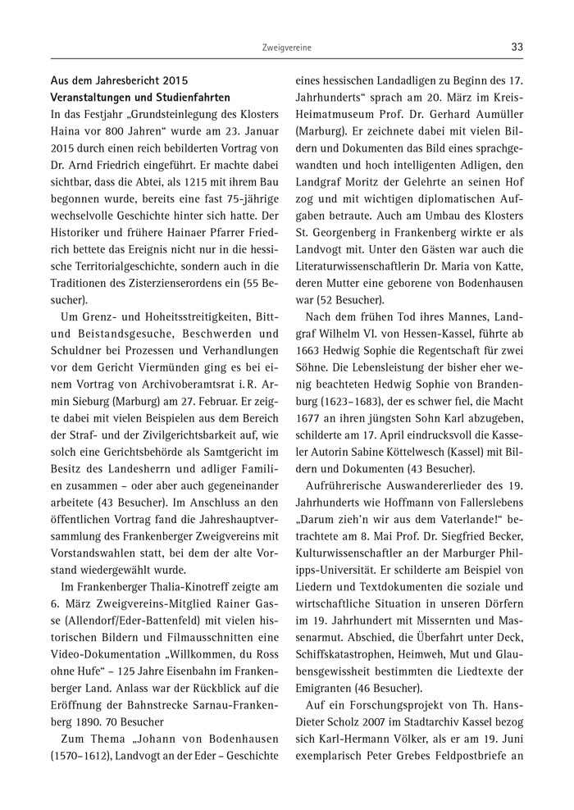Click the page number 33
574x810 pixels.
[517, 48]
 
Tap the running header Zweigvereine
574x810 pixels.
[285, 48]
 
